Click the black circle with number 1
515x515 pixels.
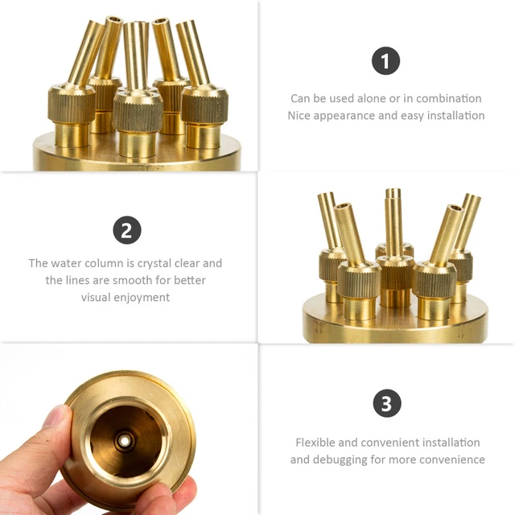(385, 61)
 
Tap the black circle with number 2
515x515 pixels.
(127, 230)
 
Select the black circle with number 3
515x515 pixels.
(387, 403)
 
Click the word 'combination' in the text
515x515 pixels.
(449, 98)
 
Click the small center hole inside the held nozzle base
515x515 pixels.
(125, 441)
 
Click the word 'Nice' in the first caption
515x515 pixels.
(299, 116)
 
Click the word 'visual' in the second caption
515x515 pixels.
(93, 298)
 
